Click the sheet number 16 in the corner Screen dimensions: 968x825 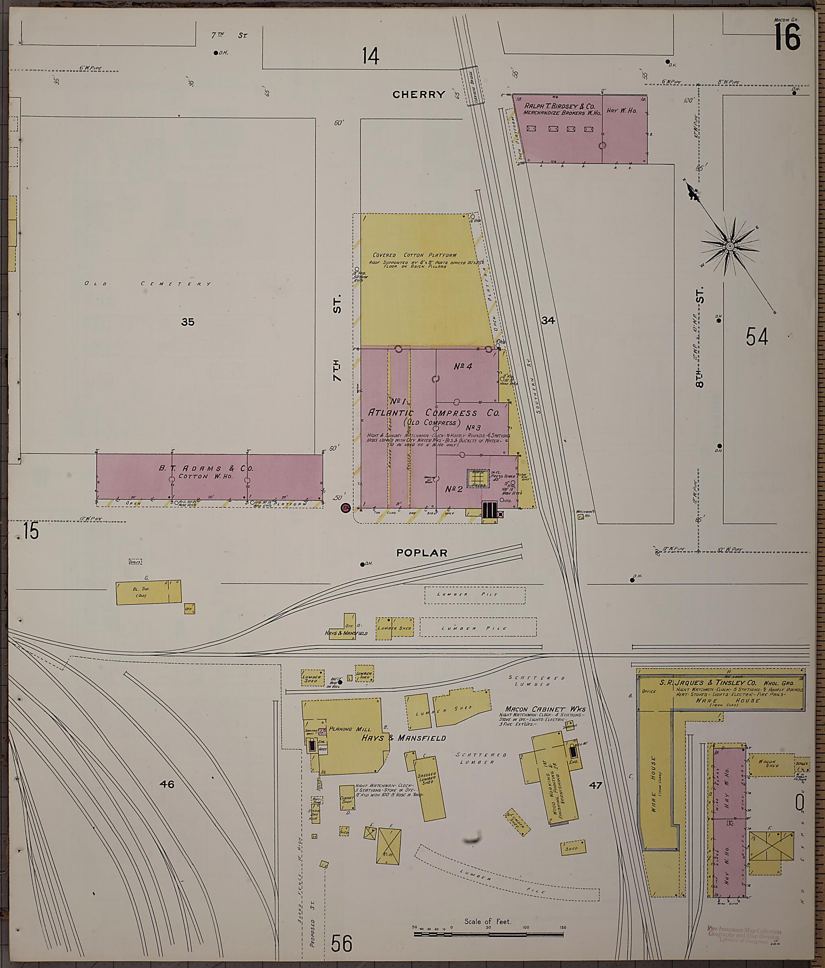(x=788, y=37)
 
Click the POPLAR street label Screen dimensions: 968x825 (x=422, y=553)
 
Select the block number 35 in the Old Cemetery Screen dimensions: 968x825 (x=187, y=322)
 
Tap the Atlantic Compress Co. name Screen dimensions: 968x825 (x=434, y=413)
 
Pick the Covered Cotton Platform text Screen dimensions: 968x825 (x=414, y=255)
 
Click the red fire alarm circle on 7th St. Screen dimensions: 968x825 (x=346, y=508)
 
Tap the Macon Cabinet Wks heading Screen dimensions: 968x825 (x=545, y=709)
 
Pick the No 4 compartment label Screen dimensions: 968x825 (x=463, y=367)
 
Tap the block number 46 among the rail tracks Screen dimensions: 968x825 (x=166, y=784)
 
